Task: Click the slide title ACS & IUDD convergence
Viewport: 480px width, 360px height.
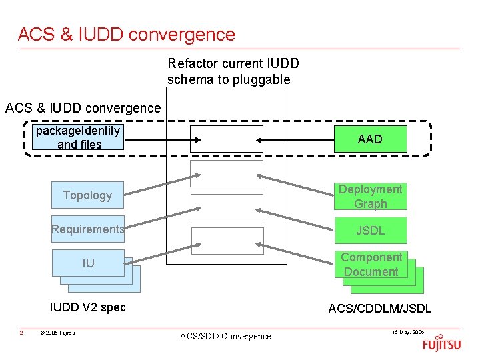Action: click(127, 34)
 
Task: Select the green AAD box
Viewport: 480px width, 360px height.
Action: click(370, 139)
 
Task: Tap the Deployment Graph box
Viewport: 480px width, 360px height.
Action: click(370, 197)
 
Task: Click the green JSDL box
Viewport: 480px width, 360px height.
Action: click(370, 231)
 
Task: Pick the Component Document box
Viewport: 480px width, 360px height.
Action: click(371, 264)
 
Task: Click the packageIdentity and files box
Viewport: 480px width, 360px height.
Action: click(79, 138)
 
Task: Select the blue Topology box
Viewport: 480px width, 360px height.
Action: click(87, 195)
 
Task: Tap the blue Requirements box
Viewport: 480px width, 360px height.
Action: click(87, 229)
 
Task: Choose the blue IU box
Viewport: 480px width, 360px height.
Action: click(88, 263)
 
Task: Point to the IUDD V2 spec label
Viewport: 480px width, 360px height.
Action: click(88, 307)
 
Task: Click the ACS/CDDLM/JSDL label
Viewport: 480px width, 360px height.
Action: click(379, 308)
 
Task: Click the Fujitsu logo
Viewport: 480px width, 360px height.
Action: click(441, 345)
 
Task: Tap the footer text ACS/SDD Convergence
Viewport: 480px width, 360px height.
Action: click(225, 336)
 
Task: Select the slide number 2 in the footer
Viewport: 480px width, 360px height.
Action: click(21, 333)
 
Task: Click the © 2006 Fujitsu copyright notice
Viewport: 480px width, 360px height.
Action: click(57, 333)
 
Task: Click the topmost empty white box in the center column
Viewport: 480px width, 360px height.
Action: click(227, 139)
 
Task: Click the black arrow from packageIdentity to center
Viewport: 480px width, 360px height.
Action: click(160, 139)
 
